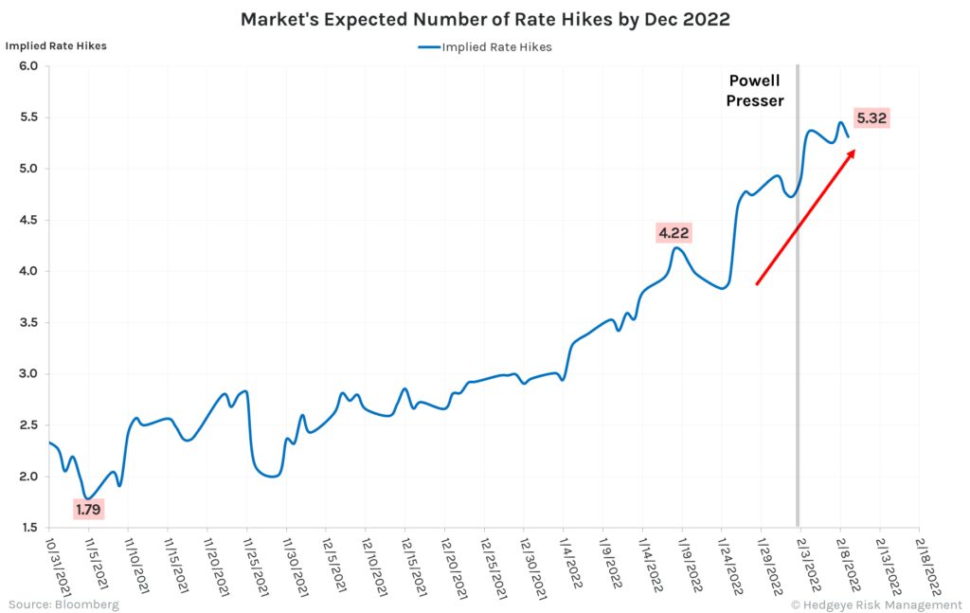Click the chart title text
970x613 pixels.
pos(484,19)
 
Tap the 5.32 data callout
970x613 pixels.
pos(871,118)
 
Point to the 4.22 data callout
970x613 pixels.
pos(674,232)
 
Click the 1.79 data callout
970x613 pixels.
pos(87,510)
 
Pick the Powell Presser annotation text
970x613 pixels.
pos(755,91)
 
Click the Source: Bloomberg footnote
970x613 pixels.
pos(63,604)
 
